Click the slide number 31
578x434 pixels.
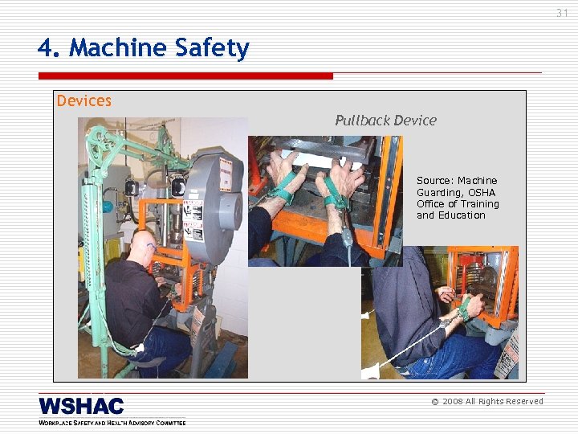(x=562, y=13)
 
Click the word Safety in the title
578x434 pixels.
(x=213, y=48)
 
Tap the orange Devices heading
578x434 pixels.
(x=83, y=100)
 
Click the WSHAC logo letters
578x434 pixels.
(x=81, y=406)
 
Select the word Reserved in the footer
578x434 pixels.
(x=523, y=401)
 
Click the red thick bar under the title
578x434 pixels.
(x=185, y=76)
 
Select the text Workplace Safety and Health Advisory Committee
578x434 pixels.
(x=112, y=422)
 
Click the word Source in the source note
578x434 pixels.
(x=433, y=181)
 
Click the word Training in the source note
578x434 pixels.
(x=479, y=204)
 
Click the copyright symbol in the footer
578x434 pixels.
(x=435, y=401)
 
